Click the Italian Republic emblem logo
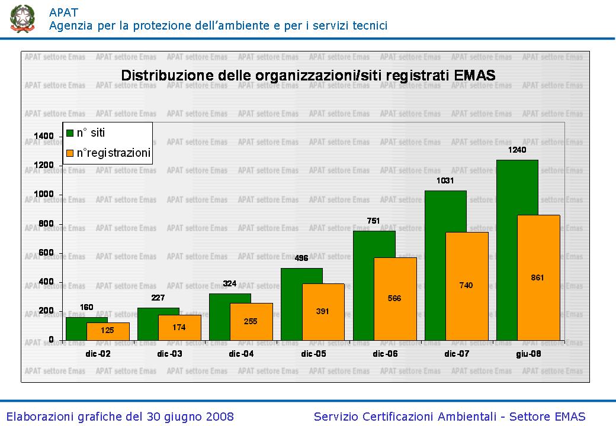pos(22,18)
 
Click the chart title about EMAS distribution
pos(308,76)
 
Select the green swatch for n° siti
pos(70,133)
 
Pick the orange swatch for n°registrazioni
pos(70,153)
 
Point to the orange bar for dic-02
pos(107,331)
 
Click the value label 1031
pos(445,180)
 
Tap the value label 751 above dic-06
pos(373,221)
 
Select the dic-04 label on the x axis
pos(241,354)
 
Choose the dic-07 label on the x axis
pos(457,354)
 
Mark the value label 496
pos(301,258)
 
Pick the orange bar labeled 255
pos(251,321)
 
